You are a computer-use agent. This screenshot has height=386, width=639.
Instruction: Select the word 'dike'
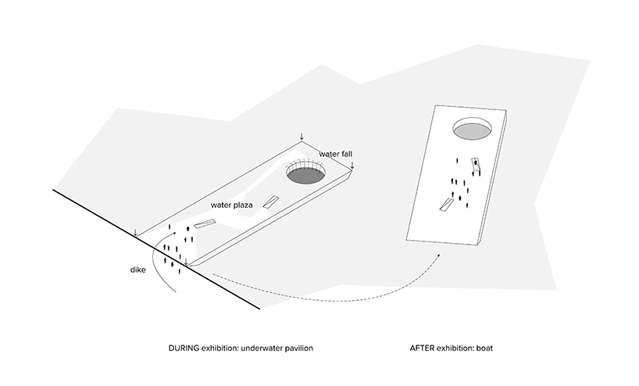point(140,271)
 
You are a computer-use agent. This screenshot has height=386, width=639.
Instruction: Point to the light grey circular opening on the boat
point(473,128)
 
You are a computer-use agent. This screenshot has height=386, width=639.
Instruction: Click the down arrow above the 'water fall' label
point(302,138)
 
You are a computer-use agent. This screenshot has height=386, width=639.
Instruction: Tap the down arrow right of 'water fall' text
point(352,165)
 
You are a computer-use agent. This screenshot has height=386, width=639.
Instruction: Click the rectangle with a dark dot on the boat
point(475,164)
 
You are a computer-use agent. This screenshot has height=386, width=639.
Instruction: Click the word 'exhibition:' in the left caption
point(223,346)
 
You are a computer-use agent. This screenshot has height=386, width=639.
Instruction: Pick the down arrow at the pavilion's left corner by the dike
point(136,232)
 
